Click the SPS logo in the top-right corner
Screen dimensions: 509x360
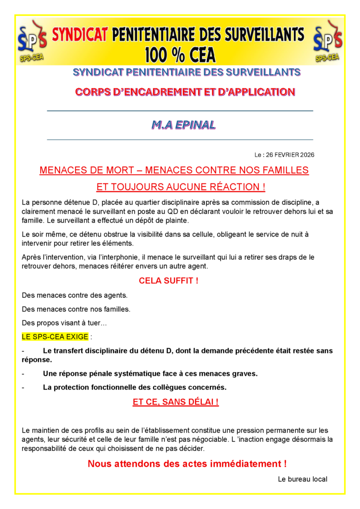[x=327, y=41]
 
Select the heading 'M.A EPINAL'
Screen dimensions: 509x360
[x=183, y=125]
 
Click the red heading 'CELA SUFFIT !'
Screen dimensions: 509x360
[x=169, y=281]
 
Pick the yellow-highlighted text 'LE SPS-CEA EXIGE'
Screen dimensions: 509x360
[x=55, y=337]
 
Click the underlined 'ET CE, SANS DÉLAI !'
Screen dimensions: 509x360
[x=176, y=402]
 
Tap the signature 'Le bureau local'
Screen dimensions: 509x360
[x=302, y=479]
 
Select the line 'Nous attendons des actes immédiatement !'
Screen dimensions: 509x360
[x=187, y=464]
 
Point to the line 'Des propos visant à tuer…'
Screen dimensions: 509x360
[x=64, y=323]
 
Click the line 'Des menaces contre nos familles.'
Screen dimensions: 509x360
[x=76, y=309]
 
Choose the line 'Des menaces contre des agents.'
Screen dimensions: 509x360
[x=75, y=295]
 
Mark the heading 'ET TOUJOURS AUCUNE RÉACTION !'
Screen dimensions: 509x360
[x=180, y=187]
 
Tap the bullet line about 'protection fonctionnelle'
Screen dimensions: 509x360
[x=134, y=387]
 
